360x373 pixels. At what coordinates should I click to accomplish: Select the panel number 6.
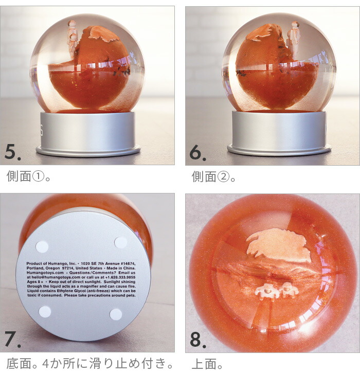[197, 152]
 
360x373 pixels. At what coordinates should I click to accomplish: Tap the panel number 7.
[12, 339]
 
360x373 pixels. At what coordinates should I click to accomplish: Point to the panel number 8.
[198, 340]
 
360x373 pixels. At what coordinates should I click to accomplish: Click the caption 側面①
[28, 176]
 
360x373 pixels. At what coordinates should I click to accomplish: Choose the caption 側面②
[213, 176]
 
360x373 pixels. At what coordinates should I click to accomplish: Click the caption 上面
[207, 364]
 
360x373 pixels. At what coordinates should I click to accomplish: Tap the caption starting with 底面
[89, 364]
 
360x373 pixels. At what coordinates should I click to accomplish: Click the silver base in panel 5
[88, 134]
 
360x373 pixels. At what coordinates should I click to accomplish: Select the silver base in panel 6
[279, 133]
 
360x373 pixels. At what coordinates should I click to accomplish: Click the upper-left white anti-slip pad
[42, 246]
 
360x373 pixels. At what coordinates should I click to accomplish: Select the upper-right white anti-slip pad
[120, 242]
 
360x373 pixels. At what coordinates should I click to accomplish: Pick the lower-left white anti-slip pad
[45, 311]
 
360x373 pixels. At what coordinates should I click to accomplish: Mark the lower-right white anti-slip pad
[116, 314]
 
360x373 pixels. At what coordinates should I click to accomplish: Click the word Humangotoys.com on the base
[45, 273]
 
